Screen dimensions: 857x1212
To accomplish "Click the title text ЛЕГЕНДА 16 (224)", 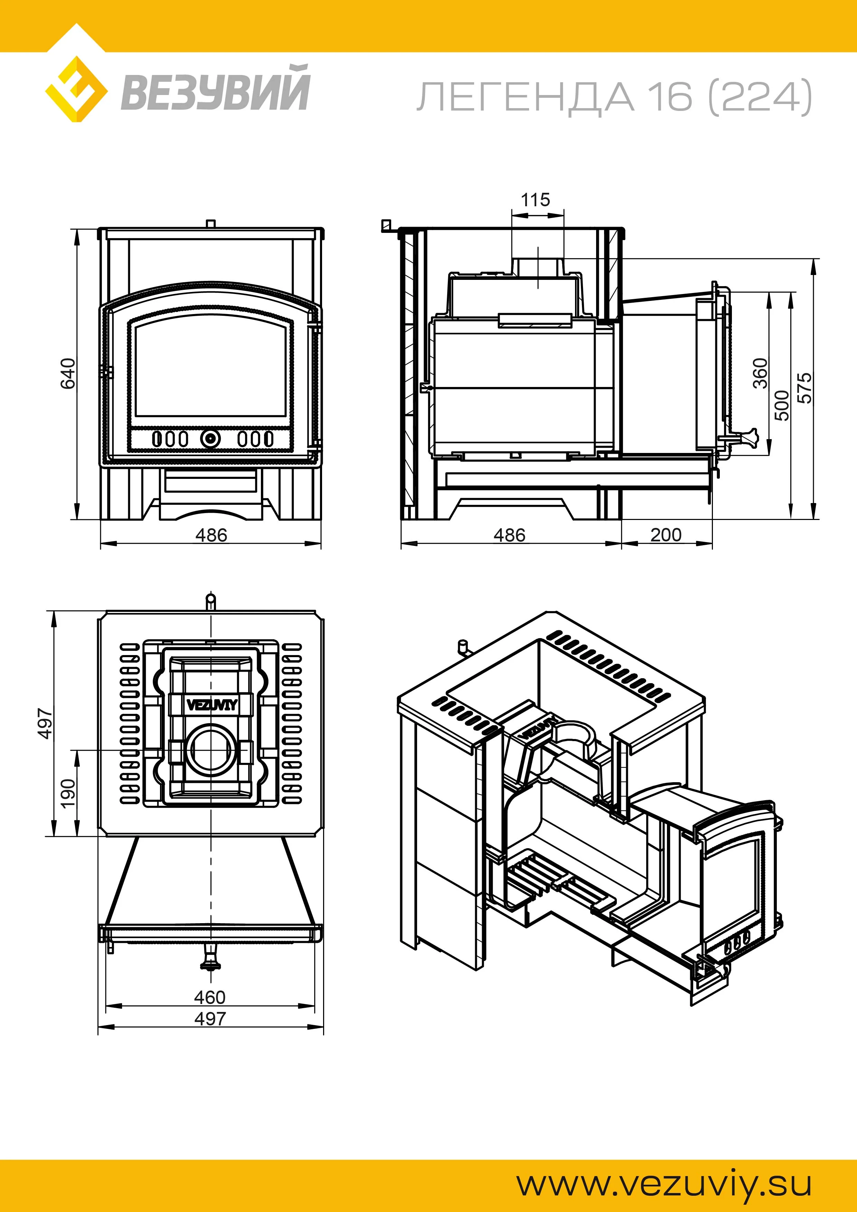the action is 614,97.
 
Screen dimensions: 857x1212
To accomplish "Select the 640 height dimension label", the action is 68,373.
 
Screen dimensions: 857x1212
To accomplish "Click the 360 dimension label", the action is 760,373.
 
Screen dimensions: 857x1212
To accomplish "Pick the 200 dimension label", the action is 666,535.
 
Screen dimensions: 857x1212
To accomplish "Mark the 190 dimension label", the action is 68,793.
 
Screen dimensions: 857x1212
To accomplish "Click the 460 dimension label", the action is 210,997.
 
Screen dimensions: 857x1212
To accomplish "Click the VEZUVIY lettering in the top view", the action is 212,705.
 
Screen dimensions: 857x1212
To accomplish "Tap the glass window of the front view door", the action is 211,370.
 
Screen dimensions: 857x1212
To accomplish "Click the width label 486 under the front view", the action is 211,535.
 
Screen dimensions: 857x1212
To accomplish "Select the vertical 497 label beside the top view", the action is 46,724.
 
